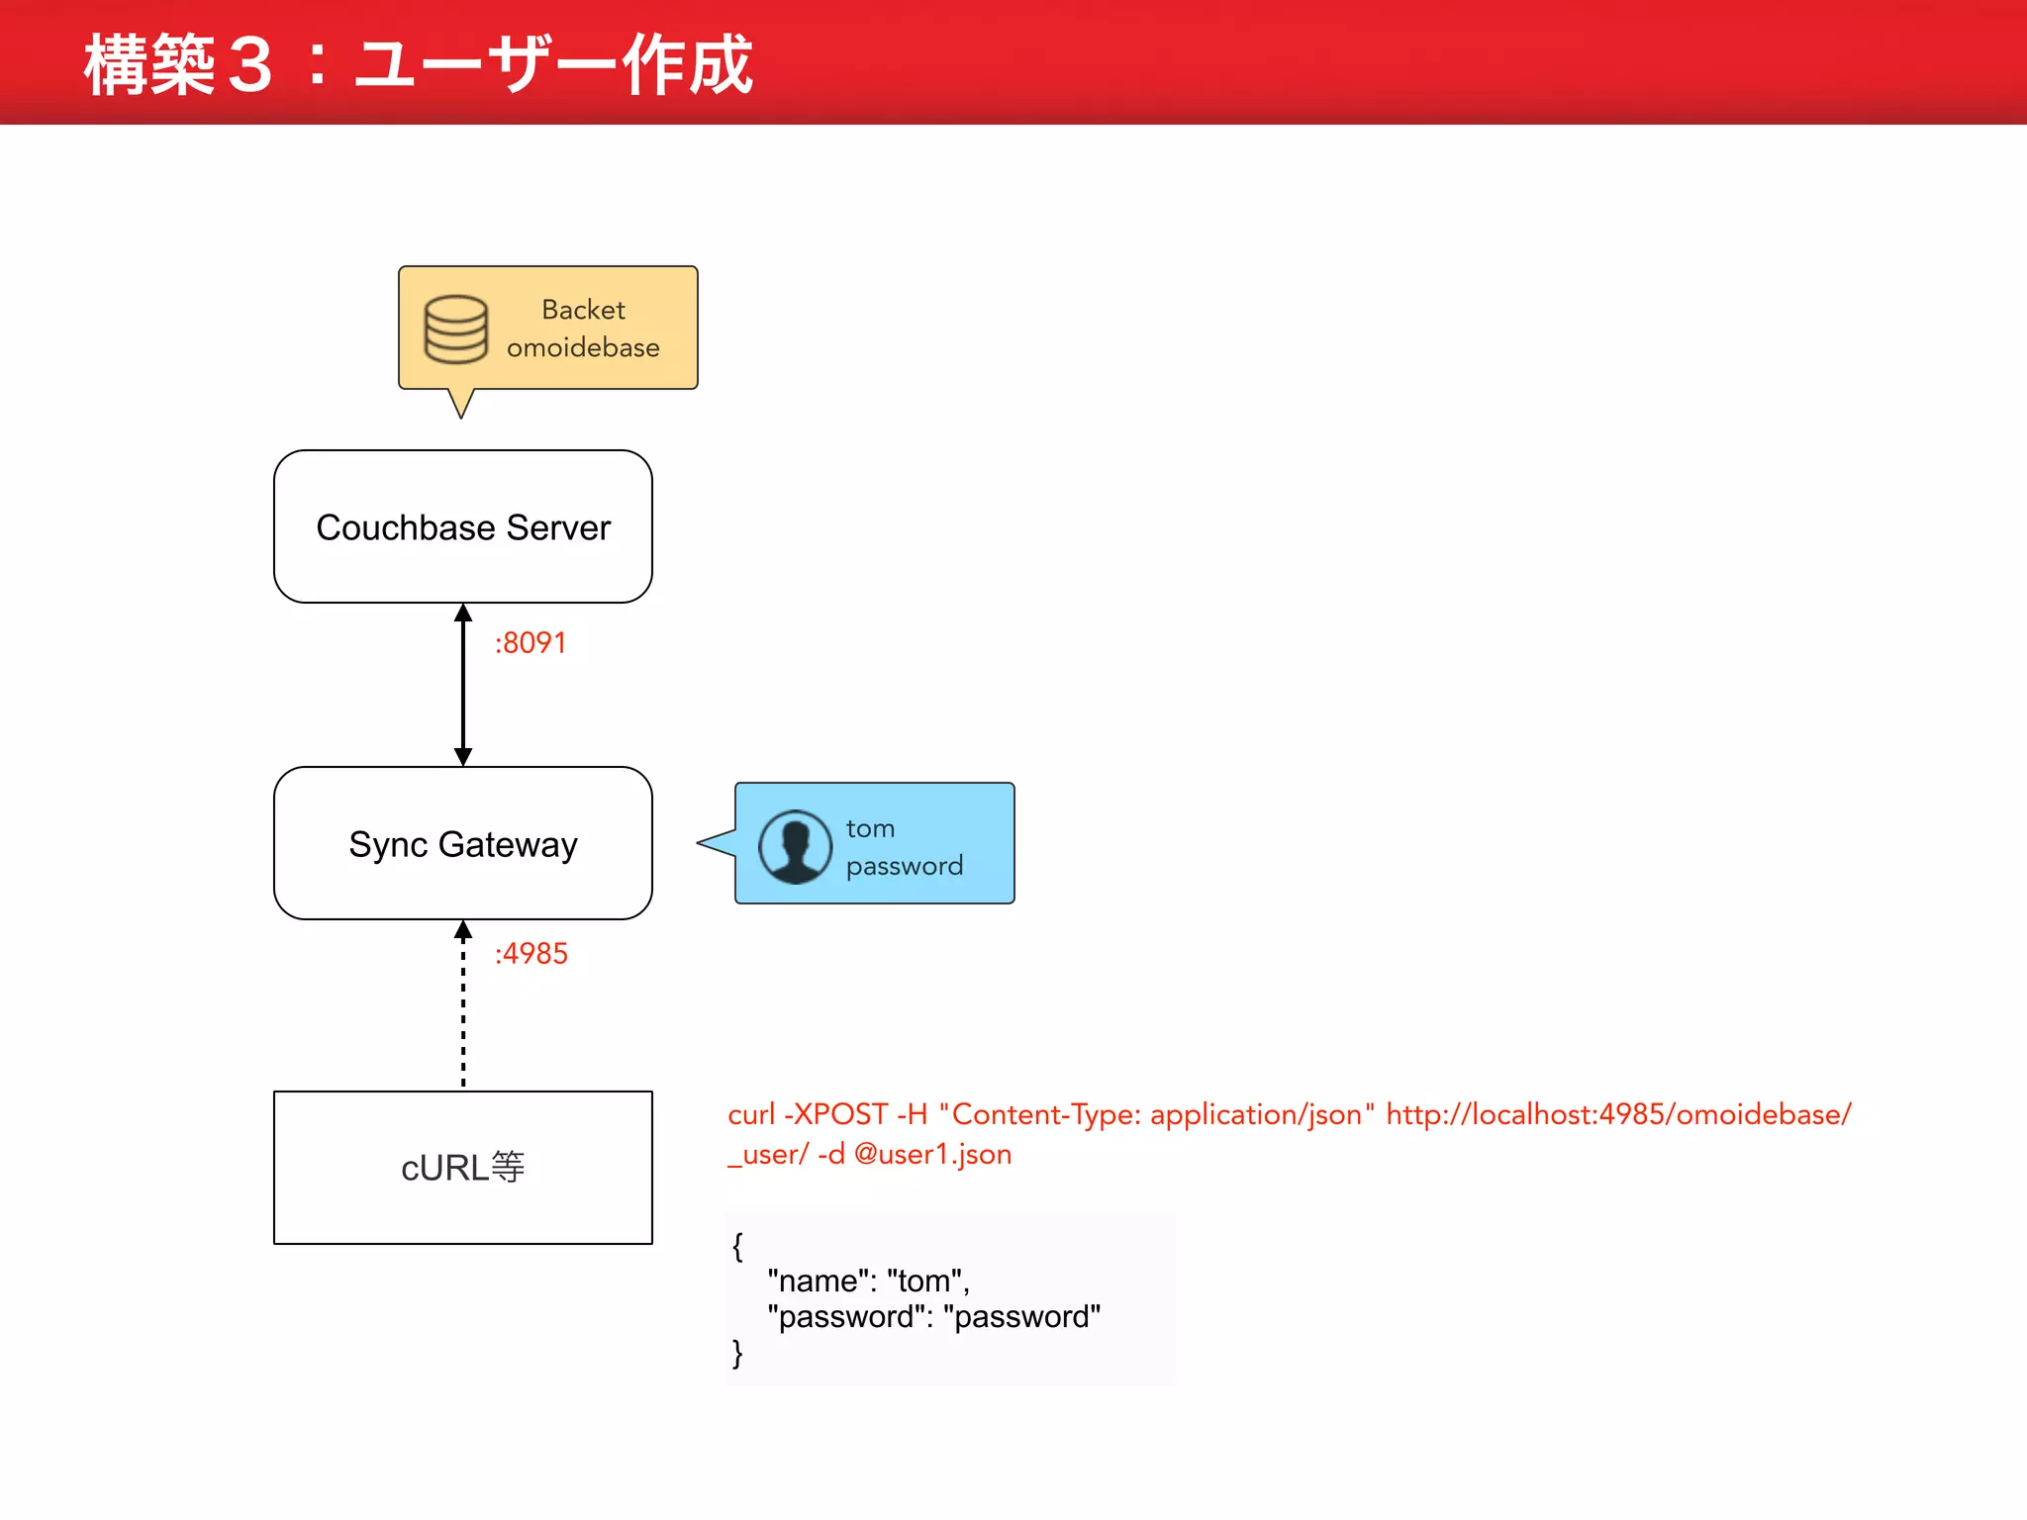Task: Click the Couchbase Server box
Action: (463, 526)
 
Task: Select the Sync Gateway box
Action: (463, 843)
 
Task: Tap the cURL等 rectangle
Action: (463, 1168)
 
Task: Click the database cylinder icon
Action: (456, 329)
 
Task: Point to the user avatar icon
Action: (795, 846)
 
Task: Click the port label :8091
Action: (531, 643)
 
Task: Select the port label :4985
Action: (531, 954)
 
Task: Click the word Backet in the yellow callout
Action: (583, 310)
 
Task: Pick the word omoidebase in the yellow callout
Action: (583, 347)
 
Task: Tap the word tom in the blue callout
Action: (870, 828)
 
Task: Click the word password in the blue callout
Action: (904, 866)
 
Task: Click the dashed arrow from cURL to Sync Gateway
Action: (463, 1004)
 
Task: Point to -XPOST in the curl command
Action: (835, 1114)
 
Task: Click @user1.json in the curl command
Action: (932, 1154)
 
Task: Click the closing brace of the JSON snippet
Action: (737, 1353)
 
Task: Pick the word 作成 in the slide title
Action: (687, 65)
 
